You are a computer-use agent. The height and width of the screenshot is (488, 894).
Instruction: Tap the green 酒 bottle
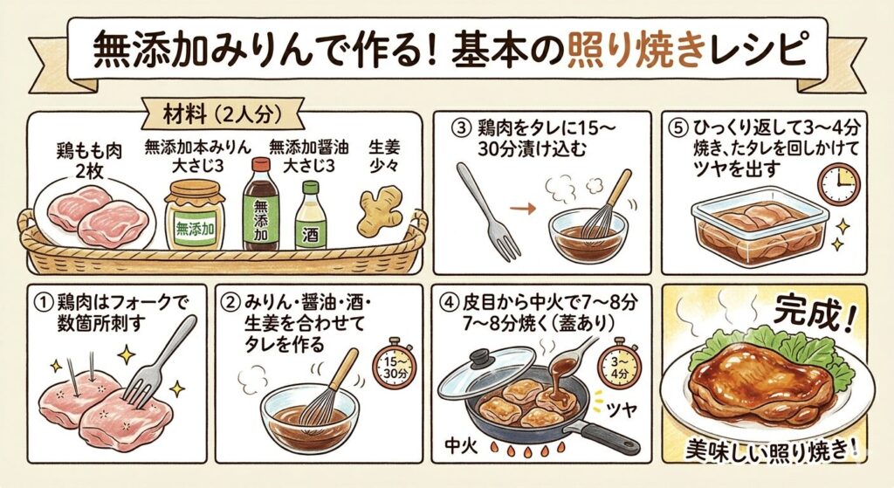point(311,216)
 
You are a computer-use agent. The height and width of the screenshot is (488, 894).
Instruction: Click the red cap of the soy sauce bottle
point(261,165)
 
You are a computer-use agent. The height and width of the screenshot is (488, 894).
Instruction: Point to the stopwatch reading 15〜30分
point(394,364)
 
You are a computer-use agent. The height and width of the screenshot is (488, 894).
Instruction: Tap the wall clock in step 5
point(839,183)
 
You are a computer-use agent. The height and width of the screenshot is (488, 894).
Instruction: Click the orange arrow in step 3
point(522,210)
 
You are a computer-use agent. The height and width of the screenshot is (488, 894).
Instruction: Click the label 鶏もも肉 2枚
point(90,161)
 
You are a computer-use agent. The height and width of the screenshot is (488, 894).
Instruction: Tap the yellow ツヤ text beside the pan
point(621,409)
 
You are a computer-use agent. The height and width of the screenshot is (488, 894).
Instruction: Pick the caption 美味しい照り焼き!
point(774,450)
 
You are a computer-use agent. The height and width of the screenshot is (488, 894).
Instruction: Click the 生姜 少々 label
point(384,156)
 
